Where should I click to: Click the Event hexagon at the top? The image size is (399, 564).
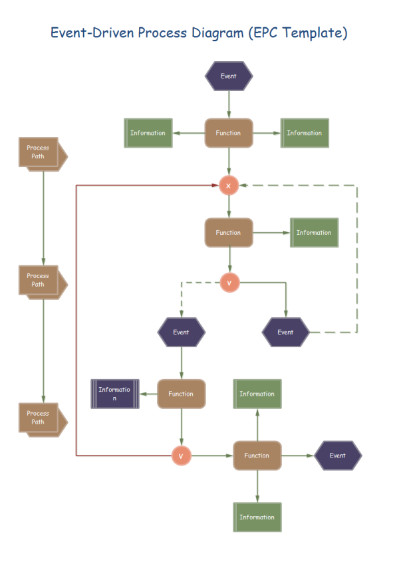click(x=229, y=76)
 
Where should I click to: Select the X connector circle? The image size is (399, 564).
click(x=229, y=186)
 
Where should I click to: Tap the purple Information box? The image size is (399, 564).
click(x=115, y=394)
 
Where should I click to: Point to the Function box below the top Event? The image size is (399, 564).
click(x=229, y=133)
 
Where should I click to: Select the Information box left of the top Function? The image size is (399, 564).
click(x=148, y=133)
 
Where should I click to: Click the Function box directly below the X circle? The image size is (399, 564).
click(x=229, y=233)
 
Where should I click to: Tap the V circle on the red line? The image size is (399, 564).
click(x=181, y=456)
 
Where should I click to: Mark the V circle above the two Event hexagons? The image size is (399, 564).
click(x=229, y=283)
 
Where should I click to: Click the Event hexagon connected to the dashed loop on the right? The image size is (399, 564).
click(x=286, y=332)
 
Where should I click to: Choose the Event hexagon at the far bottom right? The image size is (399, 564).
click(x=338, y=456)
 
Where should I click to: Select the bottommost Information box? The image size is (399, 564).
click(x=257, y=517)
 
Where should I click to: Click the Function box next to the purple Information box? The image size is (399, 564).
click(x=181, y=394)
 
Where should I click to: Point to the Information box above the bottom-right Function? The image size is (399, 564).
click(x=257, y=394)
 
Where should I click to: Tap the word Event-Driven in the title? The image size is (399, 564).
click(x=92, y=32)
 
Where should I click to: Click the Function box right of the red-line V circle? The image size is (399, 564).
click(x=257, y=456)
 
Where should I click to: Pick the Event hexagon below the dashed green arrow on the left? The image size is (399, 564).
click(x=181, y=332)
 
